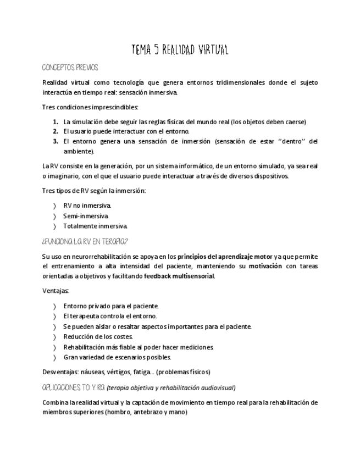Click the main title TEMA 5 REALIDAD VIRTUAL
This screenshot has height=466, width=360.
(180, 50)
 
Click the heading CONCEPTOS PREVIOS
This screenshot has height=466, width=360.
(70, 68)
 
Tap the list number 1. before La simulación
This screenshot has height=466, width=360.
(56, 122)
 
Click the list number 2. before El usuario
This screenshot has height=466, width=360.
(56, 131)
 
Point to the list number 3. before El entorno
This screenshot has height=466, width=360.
(56, 141)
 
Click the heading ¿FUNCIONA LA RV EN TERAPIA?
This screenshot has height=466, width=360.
(85, 241)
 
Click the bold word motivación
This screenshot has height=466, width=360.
(265, 266)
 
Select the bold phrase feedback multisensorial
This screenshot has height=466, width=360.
(179, 276)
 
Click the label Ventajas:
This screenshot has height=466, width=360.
(56, 291)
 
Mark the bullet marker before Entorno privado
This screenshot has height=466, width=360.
(54, 306)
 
